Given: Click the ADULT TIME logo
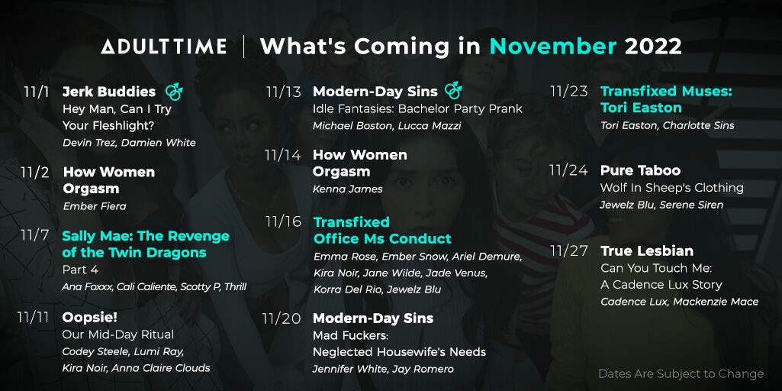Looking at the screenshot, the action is point(163,47).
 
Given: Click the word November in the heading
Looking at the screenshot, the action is point(553,47).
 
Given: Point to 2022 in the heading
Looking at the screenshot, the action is point(653,47).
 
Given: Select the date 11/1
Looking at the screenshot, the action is point(37,92).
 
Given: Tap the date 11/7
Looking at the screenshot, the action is point(34,235).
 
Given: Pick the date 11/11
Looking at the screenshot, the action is point(33,318).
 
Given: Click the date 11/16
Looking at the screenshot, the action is point(283,221).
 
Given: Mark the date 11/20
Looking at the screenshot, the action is point(282,318).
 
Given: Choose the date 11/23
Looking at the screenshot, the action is point(568,92).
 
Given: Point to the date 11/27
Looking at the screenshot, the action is point(569,250).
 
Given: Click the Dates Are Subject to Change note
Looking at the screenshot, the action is point(681,373).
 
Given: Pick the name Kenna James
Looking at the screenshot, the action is point(348,189).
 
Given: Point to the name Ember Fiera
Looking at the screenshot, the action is point(95,205).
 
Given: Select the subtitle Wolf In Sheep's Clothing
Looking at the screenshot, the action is point(672,188).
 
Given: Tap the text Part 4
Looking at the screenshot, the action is point(80,270).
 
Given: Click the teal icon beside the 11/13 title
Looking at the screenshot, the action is point(453,90).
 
